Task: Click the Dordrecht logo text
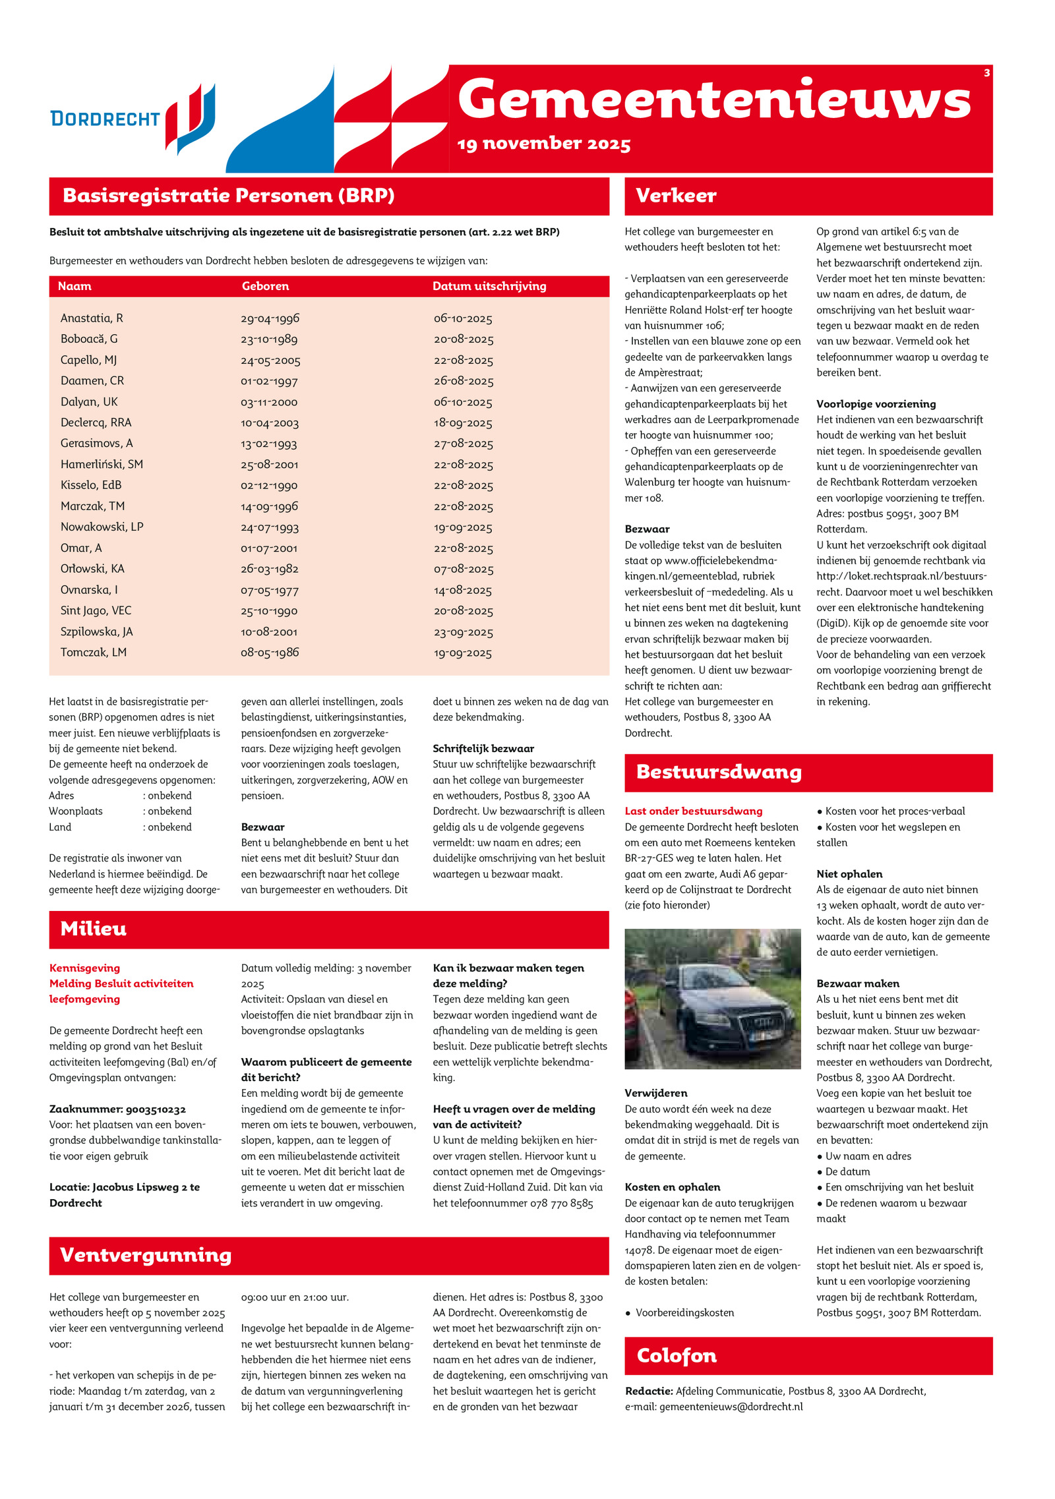tap(105, 119)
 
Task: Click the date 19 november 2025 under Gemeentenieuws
tap(544, 144)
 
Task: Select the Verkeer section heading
tap(676, 196)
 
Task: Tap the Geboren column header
tap(265, 286)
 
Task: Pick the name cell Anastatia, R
tap(92, 318)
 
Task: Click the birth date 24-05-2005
tap(270, 361)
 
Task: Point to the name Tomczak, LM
tap(94, 653)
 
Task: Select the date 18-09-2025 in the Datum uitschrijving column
tap(463, 423)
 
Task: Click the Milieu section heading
tap(94, 929)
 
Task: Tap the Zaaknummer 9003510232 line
tap(117, 1109)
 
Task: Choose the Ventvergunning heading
tap(146, 1255)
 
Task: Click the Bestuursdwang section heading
tap(719, 772)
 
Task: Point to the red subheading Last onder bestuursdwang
tap(693, 811)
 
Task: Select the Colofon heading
tap(677, 1356)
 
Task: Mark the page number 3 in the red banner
tap(986, 73)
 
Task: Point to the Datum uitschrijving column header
tap(489, 286)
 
